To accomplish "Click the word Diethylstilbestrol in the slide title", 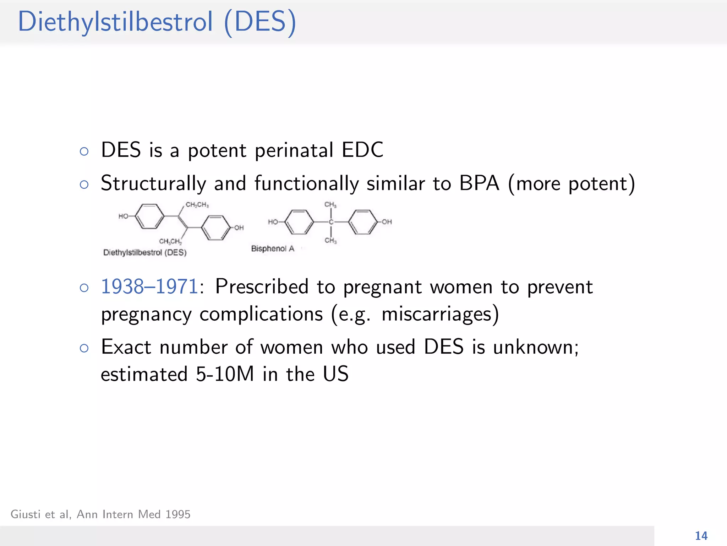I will (115, 22).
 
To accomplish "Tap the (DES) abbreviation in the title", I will (260, 22).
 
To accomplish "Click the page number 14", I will (701, 536).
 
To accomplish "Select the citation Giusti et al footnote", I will (100, 514).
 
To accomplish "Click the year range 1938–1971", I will (149, 287).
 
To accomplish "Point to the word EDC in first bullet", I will (362, 150).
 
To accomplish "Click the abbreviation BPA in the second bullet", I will (479, 183).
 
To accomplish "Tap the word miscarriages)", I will (440, 314).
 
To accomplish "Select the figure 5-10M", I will (225, 374).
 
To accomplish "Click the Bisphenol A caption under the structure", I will (273, 248).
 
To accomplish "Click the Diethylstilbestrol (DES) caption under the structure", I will (145, 252).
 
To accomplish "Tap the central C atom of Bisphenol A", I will (331, 222).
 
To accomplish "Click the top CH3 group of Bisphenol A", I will (330, 204).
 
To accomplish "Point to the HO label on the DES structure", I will (123, 216).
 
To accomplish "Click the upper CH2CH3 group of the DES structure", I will (197, 205).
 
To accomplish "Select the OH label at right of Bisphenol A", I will (387, 222).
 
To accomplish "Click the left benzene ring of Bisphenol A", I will (299, 222).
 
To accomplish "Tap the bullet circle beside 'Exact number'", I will (84, 348).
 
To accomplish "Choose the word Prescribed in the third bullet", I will (262, 287).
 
